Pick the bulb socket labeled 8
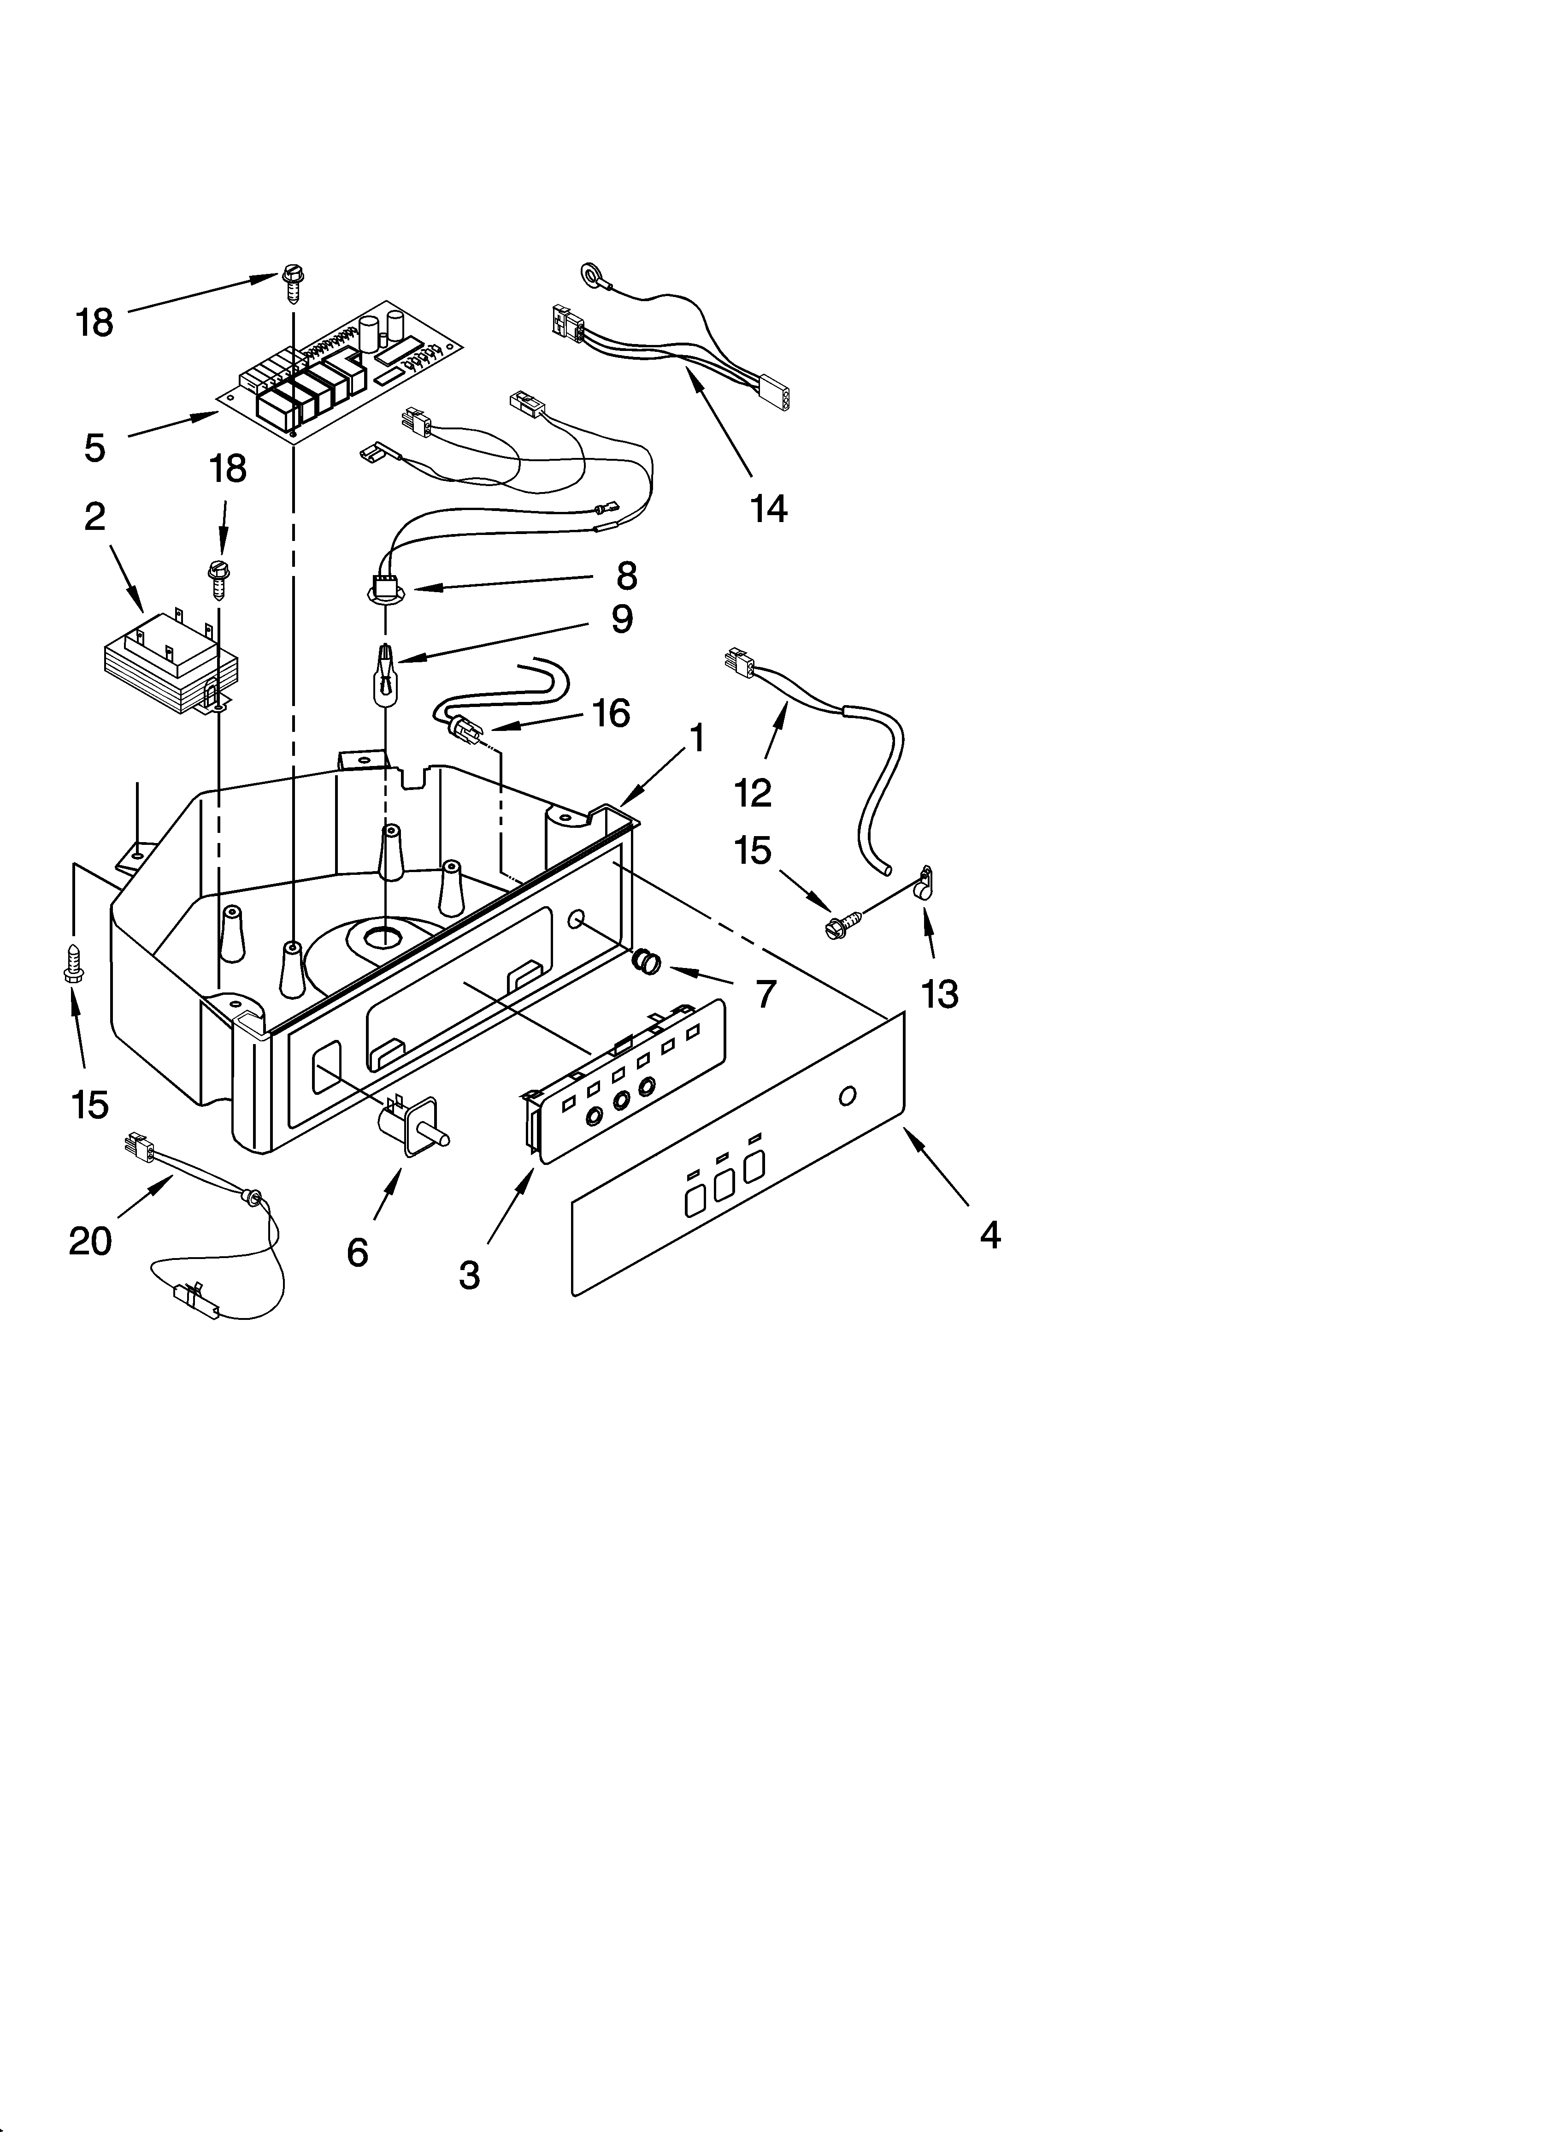(x=383, y=588)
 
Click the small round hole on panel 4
(x=847, y=1096)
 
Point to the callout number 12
(x=753, y=792)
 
